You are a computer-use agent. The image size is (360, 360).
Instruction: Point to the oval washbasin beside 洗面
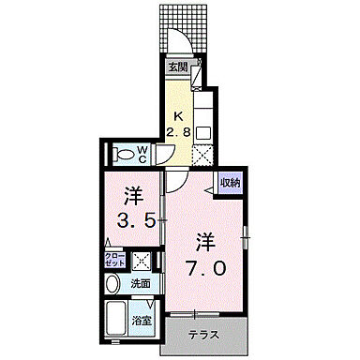coord(112,282)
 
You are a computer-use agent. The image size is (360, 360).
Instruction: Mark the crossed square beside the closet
coord(143,259)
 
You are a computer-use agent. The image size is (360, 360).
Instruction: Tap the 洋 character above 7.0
coord(205,239)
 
